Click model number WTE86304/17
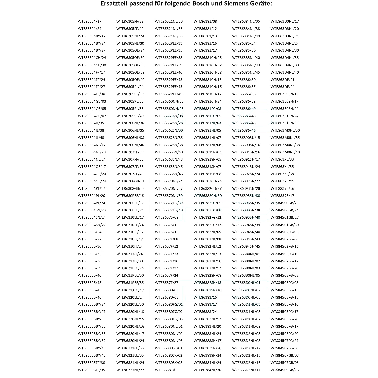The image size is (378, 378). tap(89, 22)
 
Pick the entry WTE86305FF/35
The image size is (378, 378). tap(91, 370)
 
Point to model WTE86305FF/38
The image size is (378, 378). tap(130, 22)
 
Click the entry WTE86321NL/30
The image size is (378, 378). tap(169, 22)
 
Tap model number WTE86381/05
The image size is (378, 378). tap(167, 370)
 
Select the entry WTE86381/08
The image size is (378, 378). tap(205, 22)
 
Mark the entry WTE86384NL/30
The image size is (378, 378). tap(207, 370)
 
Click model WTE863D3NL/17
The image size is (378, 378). tap(285, 22)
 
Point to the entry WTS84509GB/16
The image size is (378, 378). tap(285, 370)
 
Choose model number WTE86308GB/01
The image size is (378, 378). tap(131, 181)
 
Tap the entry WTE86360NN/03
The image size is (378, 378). tap(169, 101)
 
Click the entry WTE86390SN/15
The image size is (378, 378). tap(246, 138)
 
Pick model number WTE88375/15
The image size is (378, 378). tap(282, 181)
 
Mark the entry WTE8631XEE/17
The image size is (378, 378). tap(130, 290)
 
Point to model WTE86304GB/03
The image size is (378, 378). tap(92, 101)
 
